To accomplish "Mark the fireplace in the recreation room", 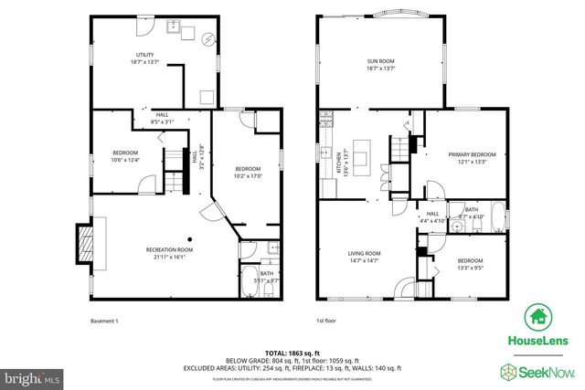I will pyautogui.click(x=83, y=241).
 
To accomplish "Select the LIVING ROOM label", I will pyautogui.click(x=363, y=258).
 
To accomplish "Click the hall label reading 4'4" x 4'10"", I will pyautogui.click(x=432, y=217).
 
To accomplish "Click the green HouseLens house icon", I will pyautogui.click(x=537, y=317).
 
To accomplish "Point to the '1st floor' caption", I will pyautogui.click(x=327, y=321).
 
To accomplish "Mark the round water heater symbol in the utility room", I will pyautogui.click(x=208, y=40).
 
